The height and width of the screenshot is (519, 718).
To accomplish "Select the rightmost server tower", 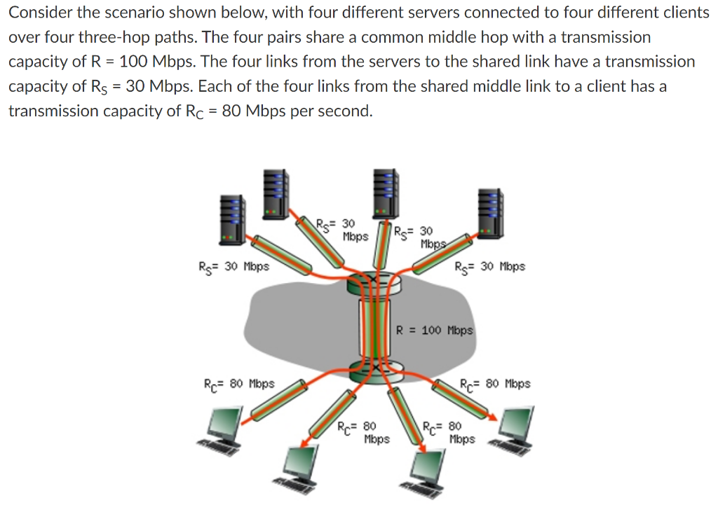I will coord(489,211).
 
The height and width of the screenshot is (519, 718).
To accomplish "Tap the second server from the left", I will coord(276,191).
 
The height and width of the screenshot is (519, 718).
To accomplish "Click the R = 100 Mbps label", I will coord(435,330).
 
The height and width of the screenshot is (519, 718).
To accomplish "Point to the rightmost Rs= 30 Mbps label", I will coord(489,266).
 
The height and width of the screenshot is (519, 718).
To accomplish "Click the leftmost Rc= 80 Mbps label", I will coord(238,384).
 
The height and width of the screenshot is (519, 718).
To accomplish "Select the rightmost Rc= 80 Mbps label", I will coord(495,384).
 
